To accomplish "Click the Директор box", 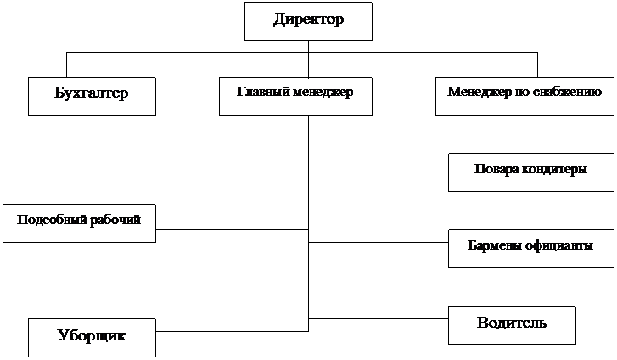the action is (308, 21).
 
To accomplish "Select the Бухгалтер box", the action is (92, 97).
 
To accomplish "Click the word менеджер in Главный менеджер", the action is (323, 93).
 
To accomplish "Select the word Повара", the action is (496, 169).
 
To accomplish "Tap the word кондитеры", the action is (554, 169).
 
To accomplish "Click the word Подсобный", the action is (53, 219).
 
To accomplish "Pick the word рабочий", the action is (115, 220).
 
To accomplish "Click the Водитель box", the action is (512, 325).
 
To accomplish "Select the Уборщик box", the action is (92, 338).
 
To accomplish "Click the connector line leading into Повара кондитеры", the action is (379, 166).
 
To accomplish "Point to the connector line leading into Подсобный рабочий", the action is (233, 229).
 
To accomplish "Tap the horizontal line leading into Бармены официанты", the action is (379, 242).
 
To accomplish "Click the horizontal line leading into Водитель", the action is (379, 318).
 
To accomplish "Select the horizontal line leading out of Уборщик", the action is (233, 331).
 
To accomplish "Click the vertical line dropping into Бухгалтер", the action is (66, 65).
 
